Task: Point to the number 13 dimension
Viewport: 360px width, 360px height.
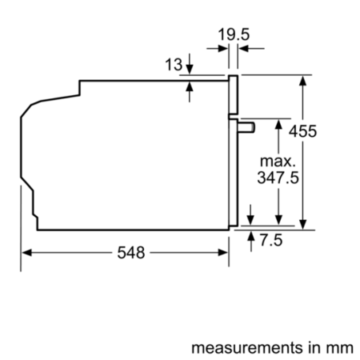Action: coord(174,66)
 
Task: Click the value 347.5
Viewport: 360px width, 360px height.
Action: coord(278,178)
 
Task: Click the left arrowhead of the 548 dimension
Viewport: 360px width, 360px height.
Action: coord(26,253)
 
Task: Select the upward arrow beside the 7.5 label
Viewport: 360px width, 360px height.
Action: coord(253,238)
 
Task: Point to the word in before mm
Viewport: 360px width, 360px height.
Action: coord(316,348)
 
